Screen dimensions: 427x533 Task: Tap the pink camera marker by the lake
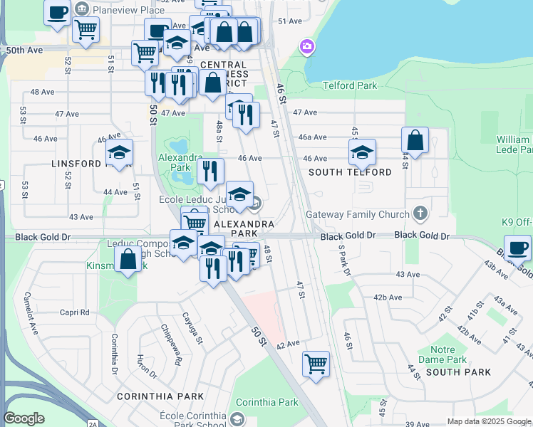click(308, 47)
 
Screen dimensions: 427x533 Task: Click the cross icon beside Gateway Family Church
click(421, 213)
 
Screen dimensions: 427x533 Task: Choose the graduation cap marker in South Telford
click(362, 152)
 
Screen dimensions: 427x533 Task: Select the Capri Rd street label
click(74, 312)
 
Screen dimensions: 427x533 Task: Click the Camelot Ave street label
click(31, 314)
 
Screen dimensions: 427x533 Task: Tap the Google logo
click(24, 418)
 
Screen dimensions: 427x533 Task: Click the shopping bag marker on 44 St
click(415, 140)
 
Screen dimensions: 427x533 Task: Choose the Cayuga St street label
click(192, 329)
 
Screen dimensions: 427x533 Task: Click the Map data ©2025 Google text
click(489, 422)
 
